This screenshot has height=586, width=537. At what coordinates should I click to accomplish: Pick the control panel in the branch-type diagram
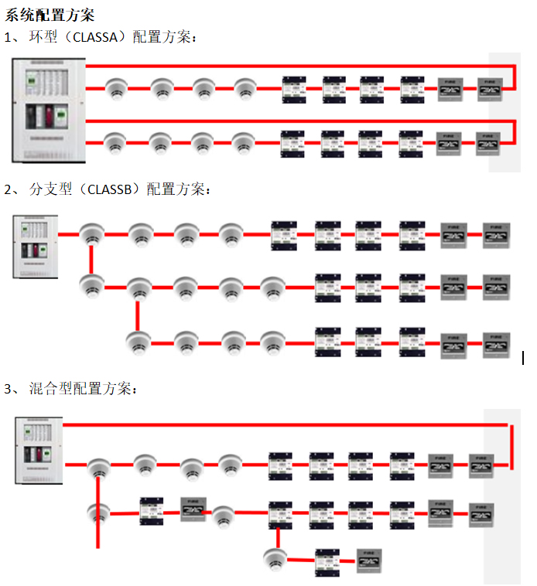pyautogui.click(x=36, y=247)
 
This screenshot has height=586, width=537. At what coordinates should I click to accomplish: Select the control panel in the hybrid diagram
pyautogui.click(x=38, y=450)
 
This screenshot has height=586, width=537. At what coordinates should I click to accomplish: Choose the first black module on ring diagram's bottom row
pyautogui.click(x=294, y=142)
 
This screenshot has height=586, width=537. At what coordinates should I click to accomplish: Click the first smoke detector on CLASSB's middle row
pyautogui.click(x=91, y=287)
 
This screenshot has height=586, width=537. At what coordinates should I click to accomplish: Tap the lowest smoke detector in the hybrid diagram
pyautogui.click(x=274, y=557)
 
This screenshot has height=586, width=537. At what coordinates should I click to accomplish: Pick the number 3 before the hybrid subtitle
pyautogui.click(x=8, y=389)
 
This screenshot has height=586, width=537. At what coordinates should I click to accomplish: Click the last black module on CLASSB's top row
pyautogui.click(x=412, y=233)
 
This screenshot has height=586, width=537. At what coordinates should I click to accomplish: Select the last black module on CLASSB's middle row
pyautogui.click(x=412, y=287)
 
